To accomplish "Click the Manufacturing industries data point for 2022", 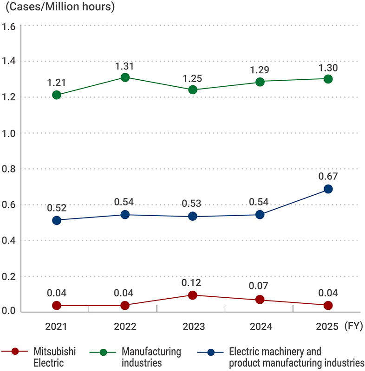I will tap(125, 77).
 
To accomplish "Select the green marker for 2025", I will tap(328, 79).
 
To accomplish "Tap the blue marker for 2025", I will tap(328, 189).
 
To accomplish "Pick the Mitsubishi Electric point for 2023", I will tap(193, 295).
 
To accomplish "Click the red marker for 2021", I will tap(57, 305).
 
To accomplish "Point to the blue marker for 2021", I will tap(57, 220).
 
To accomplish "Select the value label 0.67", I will tap(328, 176).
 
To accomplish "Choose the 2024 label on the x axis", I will tap(261, 326).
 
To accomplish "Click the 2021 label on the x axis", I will tap(57, 326).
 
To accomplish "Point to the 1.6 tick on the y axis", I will tap(9, 26).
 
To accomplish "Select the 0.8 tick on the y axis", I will tap(9, 169).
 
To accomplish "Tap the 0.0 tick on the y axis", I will tap(9, 312).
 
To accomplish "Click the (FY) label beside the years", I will tap(353, 326).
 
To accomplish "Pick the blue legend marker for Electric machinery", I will tap(211, 352).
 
